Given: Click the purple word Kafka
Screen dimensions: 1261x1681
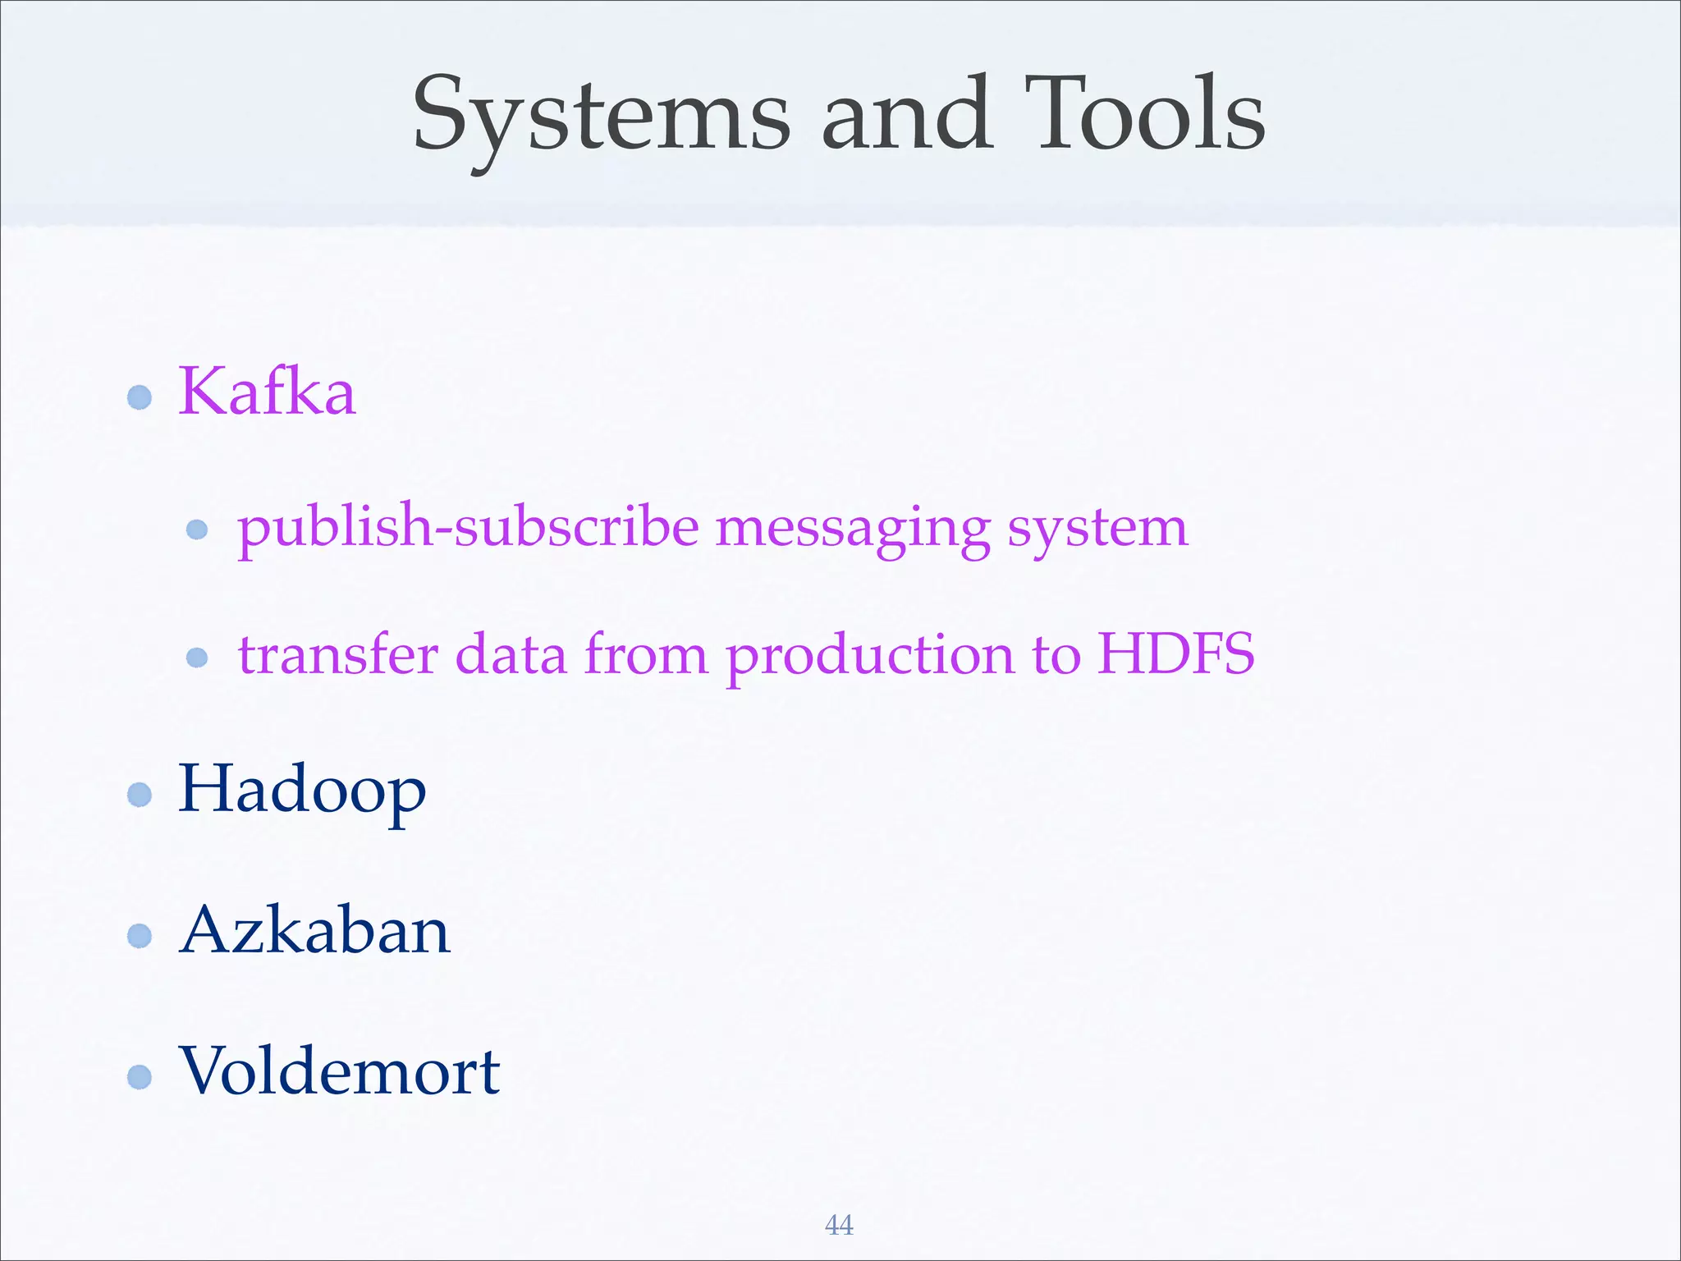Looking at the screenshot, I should click(268, 392).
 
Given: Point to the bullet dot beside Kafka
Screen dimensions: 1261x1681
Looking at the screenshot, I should click(140, 398).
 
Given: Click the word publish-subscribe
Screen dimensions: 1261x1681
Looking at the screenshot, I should click(468, 528).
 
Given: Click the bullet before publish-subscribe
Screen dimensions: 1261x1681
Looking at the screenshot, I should click(197, 530).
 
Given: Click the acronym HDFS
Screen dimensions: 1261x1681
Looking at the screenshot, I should click(1175, 654).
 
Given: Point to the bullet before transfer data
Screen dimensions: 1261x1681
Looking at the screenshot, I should click(197, 658).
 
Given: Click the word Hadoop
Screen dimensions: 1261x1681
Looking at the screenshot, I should click(302, 791).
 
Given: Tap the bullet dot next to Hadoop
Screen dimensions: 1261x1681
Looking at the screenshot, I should click(140, 795).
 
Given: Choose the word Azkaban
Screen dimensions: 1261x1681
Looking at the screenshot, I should click(315, 932).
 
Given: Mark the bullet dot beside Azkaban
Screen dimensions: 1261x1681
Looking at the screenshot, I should click(140, 936).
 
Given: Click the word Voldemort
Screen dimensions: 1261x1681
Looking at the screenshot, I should click(339, 1072).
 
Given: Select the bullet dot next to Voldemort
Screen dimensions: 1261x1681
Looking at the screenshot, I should click(140, 1077).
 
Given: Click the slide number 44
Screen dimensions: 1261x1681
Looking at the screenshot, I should click(839, 1225).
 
